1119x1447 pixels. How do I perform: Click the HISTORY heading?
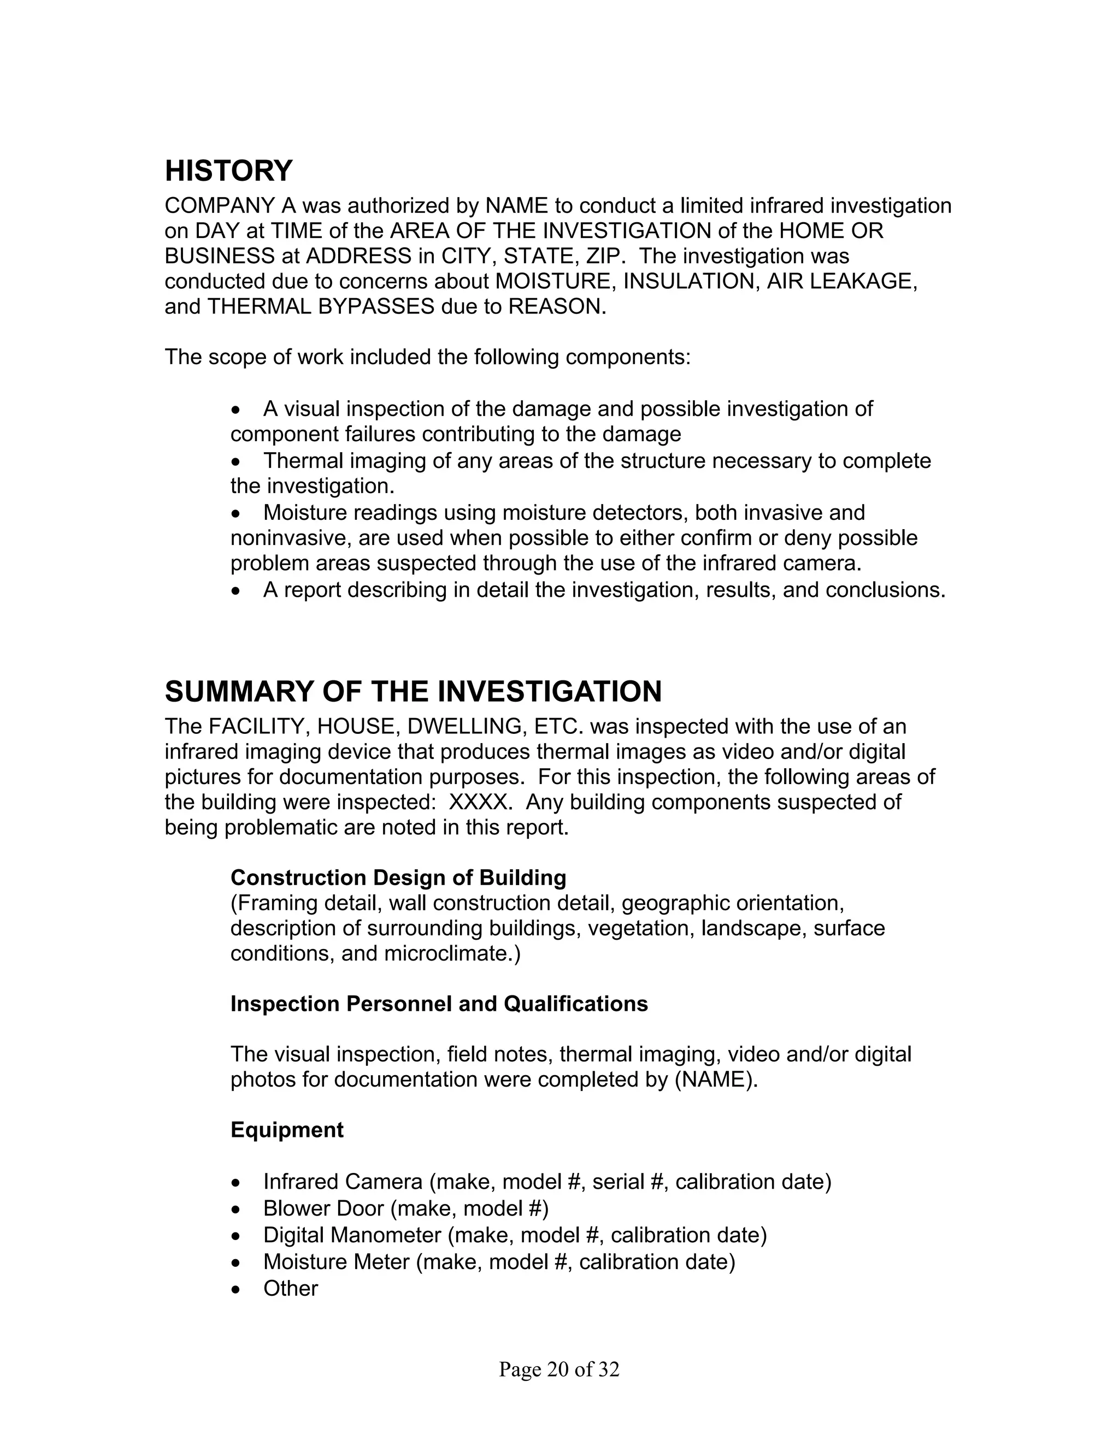coord(228,171)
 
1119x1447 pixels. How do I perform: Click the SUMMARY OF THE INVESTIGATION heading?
coord(413,692)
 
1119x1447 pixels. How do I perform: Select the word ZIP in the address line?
coord(605,257)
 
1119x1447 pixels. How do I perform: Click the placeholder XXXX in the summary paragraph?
coord(479,802)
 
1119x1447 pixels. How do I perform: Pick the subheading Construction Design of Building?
coord(398,878)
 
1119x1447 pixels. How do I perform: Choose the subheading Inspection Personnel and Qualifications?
coord(439,1004)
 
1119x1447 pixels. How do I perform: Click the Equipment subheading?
coord(286,1130)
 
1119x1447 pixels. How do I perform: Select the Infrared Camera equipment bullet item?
coord(546,1182)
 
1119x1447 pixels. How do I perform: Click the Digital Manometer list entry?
coord(514,1235)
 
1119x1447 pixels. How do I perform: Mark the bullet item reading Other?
coord(290,1288)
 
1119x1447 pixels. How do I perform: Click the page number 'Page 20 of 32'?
coord(559,1369)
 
